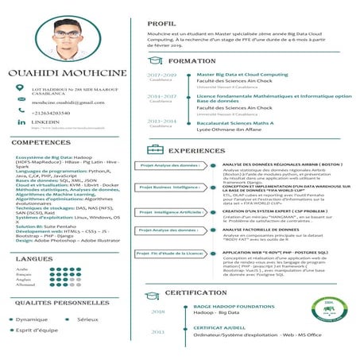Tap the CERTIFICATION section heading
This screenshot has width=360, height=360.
pyautogui.click(x=207, y=292)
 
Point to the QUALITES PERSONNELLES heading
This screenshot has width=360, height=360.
pyautogui.click(x=54, y=303)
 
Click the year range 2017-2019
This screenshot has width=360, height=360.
pyautogui.click(x=162, y=75)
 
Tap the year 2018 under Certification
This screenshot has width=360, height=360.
pyautogui.click(x=158, y=312)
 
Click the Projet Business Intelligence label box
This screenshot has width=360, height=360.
pyautogui.click(x=168, y=187)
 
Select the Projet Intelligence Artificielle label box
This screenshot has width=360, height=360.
pyautogui.click(x=169, y=212)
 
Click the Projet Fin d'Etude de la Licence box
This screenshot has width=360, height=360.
pyautogui.click(x=169, y=253)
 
